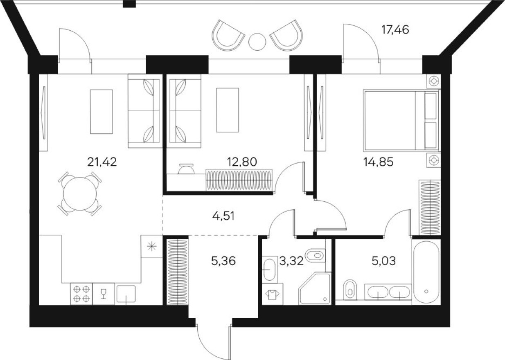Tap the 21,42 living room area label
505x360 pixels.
coord(102,162)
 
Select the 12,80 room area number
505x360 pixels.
coord(241,162)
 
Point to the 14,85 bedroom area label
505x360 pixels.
coord(378,162)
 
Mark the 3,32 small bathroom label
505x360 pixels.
coord(291,261)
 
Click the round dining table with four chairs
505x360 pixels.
coord(80,193)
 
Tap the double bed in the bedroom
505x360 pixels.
coord(400,120)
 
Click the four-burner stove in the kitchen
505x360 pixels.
coord(81,294)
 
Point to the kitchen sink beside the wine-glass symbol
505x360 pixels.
coord(126,294)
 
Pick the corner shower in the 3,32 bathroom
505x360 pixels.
coord(315,288)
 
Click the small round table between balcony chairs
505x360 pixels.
coord(257,40)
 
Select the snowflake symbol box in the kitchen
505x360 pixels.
coord(152,246)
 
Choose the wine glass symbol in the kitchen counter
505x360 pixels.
coord(104,294)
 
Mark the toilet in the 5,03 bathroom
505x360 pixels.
coord(349,290)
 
